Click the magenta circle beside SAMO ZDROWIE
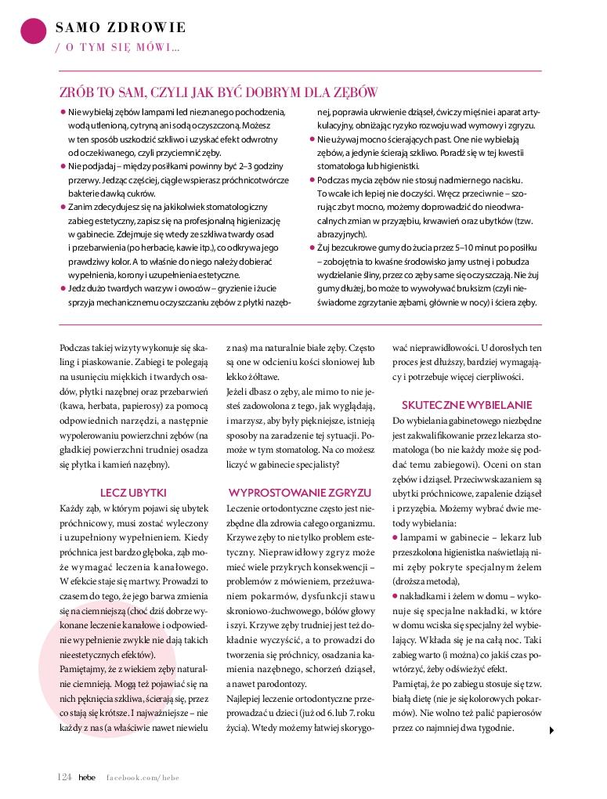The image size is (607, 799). click(x=32, y=31)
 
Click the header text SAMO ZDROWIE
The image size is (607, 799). click(x=121, y=28)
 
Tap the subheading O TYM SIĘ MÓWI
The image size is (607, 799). click(x=117, y=48)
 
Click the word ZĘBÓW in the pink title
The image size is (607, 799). click(x=356, y=92)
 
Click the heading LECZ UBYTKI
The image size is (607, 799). click(x=133, y=492)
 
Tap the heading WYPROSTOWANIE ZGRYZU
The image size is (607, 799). click(x=299, y=492)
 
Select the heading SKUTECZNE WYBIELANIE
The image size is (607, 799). click(x=466, y=405)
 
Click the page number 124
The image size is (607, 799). click(x=64, y=776)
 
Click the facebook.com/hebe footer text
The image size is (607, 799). click(x=143, y=776)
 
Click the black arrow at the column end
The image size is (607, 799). click(x=551, y=730)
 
